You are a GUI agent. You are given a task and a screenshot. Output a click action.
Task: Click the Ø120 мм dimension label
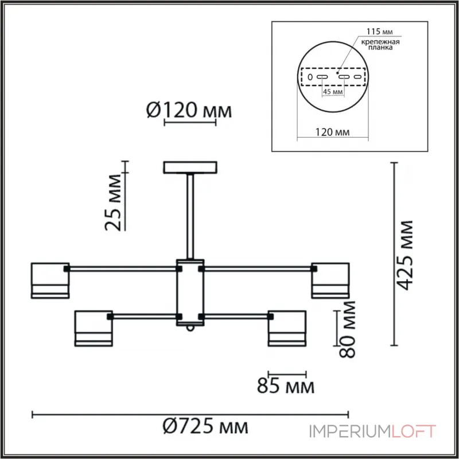coord(189,110)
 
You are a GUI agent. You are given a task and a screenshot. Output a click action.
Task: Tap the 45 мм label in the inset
coord(333,91)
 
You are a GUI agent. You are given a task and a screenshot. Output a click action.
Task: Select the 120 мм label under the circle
coord(333,133)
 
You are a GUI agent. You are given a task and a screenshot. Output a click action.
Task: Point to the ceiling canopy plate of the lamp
coord(190,167)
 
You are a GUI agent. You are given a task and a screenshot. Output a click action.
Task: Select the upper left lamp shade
coord(50,280)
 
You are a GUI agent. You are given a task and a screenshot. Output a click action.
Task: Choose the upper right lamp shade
coord(330,280)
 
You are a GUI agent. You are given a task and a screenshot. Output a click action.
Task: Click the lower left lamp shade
coord(94,328)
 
